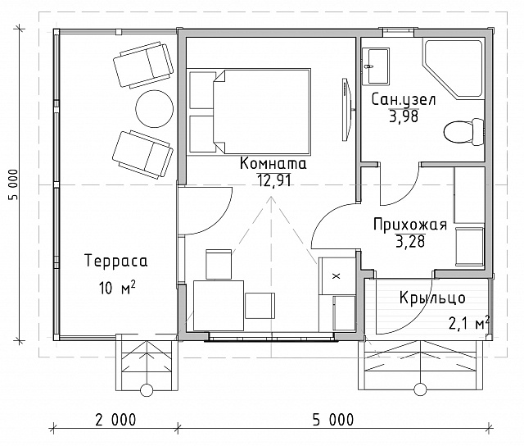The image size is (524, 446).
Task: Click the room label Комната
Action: pos(273,164)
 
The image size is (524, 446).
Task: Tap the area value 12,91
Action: pos(273,180)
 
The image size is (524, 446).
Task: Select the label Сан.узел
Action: pos(404,100)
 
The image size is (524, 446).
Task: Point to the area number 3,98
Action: pos(404,116)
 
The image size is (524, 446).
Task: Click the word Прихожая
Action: pos(410,225)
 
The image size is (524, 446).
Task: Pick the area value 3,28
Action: pos(410,241)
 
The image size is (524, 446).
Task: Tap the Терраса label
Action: pos(116,261)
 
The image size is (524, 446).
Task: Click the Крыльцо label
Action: pos(432,298)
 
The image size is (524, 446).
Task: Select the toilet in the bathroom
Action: pos(463,131)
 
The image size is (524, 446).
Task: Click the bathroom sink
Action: pos(376,66)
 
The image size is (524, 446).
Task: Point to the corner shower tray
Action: pos(453,69)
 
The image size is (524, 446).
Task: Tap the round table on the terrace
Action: pos(155,108)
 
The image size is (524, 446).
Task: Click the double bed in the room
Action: pos(249,111)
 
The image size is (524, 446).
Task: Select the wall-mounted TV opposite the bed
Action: pos(346,109)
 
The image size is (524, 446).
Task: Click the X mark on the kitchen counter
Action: pos(337,276)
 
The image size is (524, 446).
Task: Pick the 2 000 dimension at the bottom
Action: pos(116,420)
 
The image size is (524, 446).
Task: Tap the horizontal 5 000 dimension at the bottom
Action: pos(333,420)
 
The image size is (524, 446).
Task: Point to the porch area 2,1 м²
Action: pos(469,323)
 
